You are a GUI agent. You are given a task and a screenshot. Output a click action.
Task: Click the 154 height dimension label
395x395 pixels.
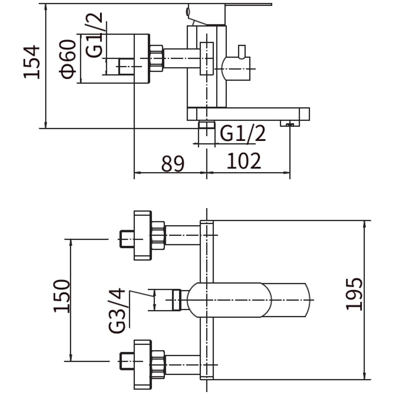pos(31,62)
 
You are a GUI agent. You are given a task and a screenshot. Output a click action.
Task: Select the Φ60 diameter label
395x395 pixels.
pos(67,59)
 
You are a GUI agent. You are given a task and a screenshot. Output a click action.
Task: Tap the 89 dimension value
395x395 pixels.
pos(173,164)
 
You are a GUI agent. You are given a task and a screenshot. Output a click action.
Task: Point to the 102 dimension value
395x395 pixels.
pos(244,161)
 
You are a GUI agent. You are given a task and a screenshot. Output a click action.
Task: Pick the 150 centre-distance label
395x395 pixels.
pos(62,296)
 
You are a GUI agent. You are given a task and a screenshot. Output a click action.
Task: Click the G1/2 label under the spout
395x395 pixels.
pos(243,133)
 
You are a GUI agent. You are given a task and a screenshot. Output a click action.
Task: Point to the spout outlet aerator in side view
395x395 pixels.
pos(290,123)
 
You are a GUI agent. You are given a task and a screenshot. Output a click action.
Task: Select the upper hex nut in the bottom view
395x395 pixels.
pos(158,236)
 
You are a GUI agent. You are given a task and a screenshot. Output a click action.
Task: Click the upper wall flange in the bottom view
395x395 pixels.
pos(143,235)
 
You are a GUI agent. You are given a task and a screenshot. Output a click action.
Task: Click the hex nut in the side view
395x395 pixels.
pos(157,58)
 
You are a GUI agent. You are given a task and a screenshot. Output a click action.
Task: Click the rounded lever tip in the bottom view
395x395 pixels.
pos(287,300)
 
